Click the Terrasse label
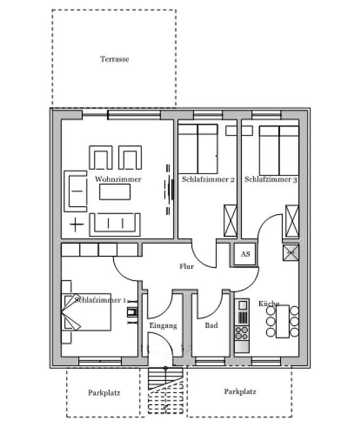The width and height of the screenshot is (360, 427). click(115, 59)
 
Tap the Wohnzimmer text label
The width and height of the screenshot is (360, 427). click(118, 179)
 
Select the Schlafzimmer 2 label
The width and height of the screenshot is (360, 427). click(208, 179)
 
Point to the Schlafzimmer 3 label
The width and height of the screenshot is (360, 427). click(270, 179)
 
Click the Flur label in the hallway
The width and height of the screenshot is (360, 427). click(186, 266)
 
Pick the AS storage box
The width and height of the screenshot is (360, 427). click(245, 254)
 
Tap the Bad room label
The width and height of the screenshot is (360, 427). click(211, 325)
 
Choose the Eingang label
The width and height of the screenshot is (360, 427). click(163, 326)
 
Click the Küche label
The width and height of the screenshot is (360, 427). click(269, 304)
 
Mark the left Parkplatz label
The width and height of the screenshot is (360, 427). click(104, 393)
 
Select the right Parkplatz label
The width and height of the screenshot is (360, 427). click(240, 391)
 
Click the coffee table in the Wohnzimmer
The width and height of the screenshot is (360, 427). click(115, 192)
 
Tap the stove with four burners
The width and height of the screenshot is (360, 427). click(241, 333)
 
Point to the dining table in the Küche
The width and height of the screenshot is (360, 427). click(283, 321)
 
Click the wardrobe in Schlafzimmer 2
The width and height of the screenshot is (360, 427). click(230, 221)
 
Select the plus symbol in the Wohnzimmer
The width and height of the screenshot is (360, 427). click(77, 225)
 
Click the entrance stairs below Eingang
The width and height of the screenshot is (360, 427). click(165, 390)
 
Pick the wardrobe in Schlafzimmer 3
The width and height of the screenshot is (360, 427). click(292, 221)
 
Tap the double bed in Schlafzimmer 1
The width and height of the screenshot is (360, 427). click(86, 312)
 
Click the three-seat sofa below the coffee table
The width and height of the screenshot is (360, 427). click(115, 225)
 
